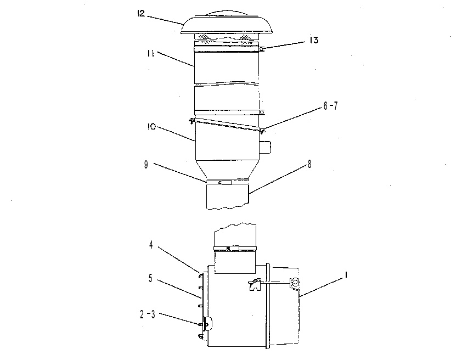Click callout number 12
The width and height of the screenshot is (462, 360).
tap(141, 14)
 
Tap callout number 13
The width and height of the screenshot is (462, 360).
tap(314, 40)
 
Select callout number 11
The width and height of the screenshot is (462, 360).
tap(150, 53)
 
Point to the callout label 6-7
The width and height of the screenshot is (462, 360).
tap(331, 105)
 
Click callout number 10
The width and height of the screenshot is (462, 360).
tap(151, 127)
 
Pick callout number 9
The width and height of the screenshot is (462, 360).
tap(146, 165)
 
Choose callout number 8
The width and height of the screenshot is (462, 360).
tap(309, 165)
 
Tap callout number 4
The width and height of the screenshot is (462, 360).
tap(151, 245)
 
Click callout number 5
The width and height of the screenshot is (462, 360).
tap(150, 278)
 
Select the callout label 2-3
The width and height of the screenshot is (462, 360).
tap(147, 314)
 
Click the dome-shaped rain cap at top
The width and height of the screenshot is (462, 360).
tap(227, 23)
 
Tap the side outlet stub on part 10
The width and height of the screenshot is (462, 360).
tap(265, 147)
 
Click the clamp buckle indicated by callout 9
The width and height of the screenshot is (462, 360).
tap(226, 182)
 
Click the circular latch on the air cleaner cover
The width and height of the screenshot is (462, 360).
tap(294, 283)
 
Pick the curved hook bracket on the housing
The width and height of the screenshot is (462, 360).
tap(255, 284)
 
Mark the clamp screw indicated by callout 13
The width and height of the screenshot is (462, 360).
tap(261, 49)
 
